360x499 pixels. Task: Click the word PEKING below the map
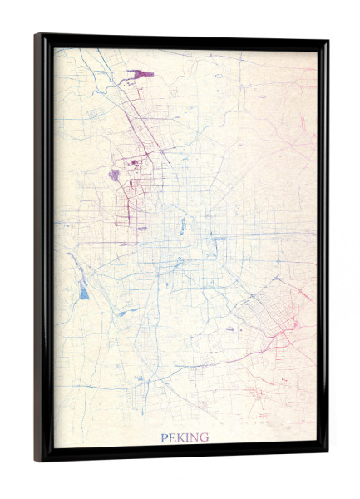[185, 437]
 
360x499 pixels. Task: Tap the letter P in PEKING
[165, 437]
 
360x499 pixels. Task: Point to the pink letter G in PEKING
[204, 437]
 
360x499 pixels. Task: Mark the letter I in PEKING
[188, 437]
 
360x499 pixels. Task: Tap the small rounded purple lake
[114, 175]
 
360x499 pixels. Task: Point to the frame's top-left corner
[37, 36]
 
